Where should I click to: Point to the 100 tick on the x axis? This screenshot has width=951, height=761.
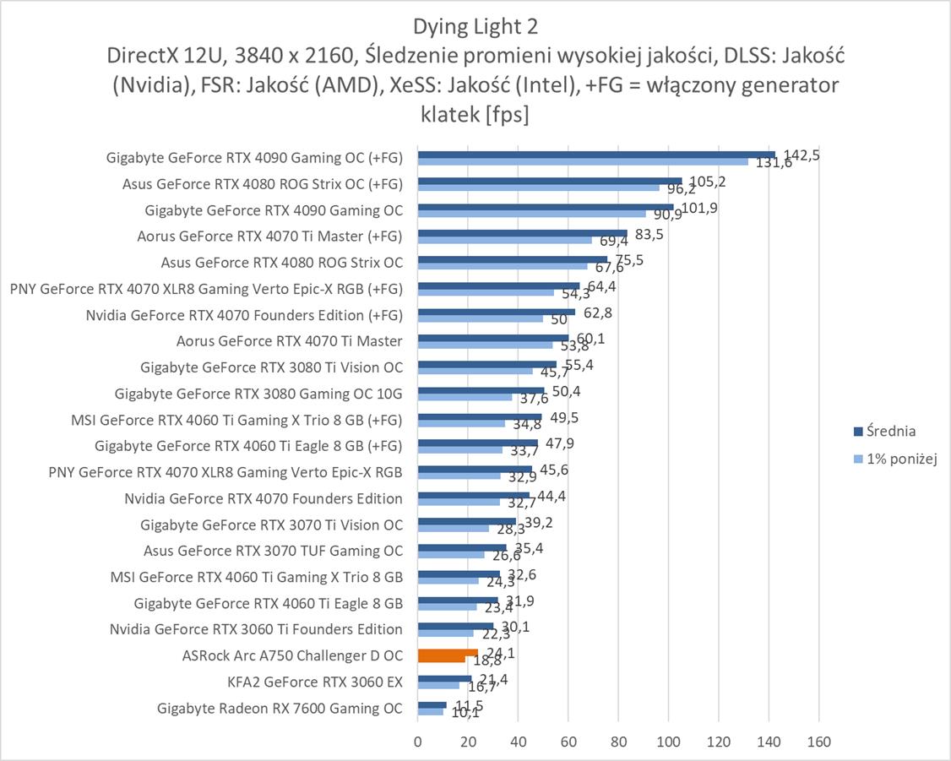pyautogui.click(x=668, y=742)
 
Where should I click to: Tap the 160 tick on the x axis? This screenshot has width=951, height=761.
pyautogui.click(x=818, y=742)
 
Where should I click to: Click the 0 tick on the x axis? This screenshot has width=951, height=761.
pyautogui.click(x=417, y=742)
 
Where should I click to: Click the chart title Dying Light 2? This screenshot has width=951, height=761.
pyautogui.click(x=475, y=27)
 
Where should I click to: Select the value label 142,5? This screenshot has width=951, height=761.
pyautogui.click(x=802, y=155)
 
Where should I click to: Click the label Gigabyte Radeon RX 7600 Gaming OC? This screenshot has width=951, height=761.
pyautogui.click(x=280, y=709)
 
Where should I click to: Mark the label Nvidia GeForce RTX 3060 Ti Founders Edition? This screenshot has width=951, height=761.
pyautogui.click(x=256, y=629)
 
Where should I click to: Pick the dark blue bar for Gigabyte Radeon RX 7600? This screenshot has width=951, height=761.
pyautogui.click(x=432, y=704)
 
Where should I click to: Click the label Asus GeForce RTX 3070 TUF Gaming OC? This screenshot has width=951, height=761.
pyautogui.click(x=273, y=551)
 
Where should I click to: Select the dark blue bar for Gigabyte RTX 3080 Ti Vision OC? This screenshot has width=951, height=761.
pyautogui.click(x=486, y=364)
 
